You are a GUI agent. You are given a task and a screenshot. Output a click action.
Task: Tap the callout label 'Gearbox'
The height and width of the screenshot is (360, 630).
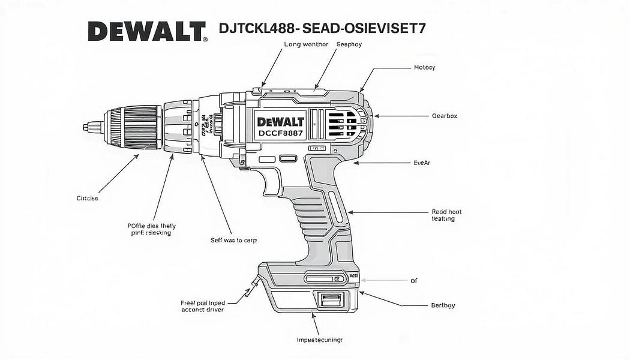point(444,116)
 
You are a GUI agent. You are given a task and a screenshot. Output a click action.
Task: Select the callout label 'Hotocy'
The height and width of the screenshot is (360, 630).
point(424,68)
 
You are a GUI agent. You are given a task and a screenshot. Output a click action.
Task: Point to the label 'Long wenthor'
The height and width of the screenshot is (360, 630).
point(306,44)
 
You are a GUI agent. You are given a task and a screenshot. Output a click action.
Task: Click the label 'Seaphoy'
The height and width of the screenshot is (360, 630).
point(349,44)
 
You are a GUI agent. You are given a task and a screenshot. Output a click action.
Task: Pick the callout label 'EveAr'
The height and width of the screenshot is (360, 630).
point(422,163)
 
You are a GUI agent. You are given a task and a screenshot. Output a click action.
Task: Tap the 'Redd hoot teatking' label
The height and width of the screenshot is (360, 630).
point(446,215)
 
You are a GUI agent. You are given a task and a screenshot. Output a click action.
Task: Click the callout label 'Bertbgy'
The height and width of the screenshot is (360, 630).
point(443,305)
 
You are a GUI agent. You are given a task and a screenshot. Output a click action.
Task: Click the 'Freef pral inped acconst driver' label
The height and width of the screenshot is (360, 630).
point(203,307)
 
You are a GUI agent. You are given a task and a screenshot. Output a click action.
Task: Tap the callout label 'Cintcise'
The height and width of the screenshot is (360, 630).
point(87,198)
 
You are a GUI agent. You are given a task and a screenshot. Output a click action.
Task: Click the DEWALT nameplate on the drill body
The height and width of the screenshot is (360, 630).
point(281,121)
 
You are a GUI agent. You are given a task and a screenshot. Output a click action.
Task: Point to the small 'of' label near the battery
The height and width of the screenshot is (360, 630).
point(413,281)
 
